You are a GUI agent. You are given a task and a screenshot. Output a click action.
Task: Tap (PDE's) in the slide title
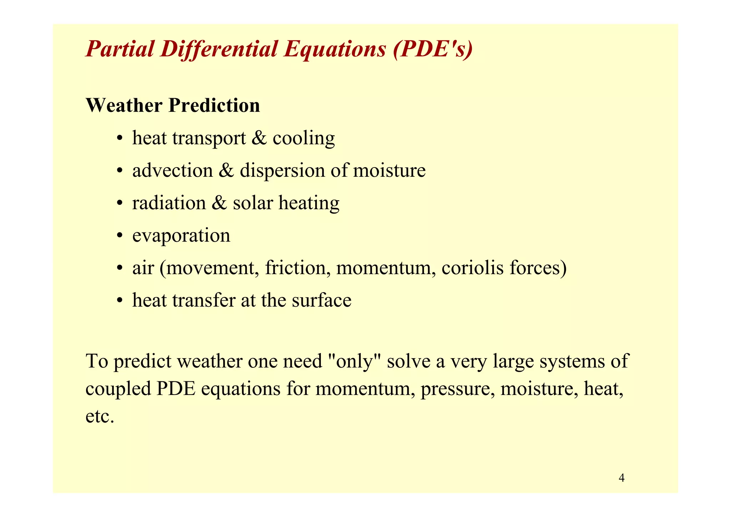point(433,49)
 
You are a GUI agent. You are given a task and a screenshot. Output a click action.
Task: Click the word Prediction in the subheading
point(214,106)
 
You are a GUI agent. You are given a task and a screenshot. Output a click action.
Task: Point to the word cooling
point(304,138)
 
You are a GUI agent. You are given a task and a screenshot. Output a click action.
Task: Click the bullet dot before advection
point(120,171)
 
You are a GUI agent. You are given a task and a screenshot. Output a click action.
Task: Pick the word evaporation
point(181,236)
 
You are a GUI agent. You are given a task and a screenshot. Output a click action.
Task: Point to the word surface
point(321,300)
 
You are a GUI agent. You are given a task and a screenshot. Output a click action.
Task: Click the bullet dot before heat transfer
point(120,301)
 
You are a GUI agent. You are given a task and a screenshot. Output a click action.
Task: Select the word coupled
point(118,389)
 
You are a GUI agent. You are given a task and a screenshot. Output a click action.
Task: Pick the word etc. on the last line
point(100,416)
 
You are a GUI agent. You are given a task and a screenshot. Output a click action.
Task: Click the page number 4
point(621,478)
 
